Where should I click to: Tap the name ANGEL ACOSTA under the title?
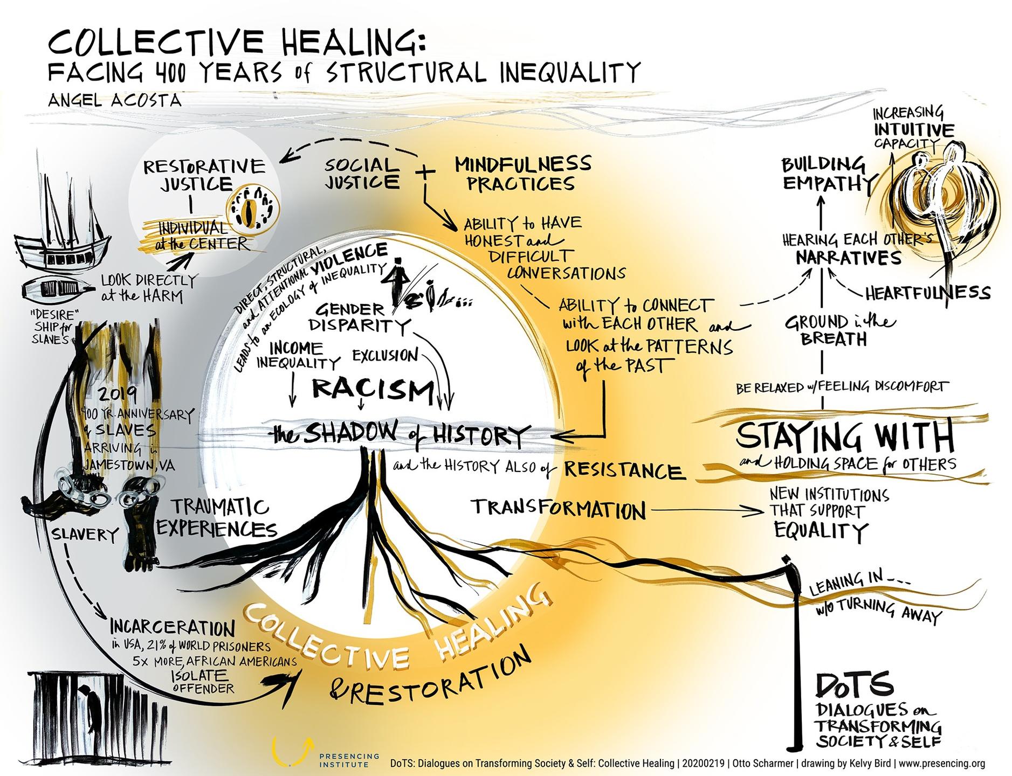coord(114,100)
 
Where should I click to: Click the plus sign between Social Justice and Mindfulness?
coord(425,172)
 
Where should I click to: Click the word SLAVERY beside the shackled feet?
coord(85,534)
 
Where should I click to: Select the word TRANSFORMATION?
coord(559,509)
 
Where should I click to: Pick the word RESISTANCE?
coord(624,470)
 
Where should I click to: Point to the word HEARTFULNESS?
coord(928,293)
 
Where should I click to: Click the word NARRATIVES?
coord(849,258)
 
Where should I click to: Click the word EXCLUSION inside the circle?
coord(385,356)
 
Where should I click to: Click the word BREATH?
coord(833,339)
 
